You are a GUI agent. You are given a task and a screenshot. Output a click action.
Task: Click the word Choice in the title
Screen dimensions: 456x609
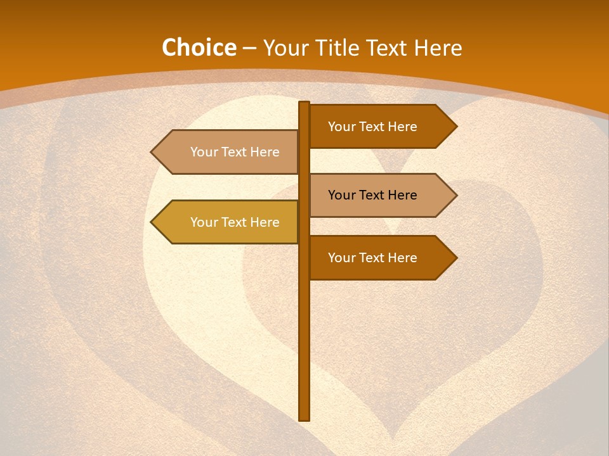199,48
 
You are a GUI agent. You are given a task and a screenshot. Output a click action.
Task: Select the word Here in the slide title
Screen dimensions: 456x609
438,48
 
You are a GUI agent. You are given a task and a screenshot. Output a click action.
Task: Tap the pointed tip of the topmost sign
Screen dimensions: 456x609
456,126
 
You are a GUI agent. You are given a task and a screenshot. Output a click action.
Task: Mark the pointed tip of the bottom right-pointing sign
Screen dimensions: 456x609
456,258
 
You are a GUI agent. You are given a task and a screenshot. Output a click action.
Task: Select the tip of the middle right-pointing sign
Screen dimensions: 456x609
456,195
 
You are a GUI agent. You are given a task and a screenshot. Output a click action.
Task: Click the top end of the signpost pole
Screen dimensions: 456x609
304,103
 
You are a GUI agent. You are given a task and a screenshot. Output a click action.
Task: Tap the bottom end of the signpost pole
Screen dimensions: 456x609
304,419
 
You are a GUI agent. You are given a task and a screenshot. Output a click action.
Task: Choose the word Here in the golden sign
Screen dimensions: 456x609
265,222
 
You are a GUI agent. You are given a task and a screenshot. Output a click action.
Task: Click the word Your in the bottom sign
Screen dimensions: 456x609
341,258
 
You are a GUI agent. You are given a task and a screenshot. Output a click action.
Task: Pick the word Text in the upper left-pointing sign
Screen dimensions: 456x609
234,152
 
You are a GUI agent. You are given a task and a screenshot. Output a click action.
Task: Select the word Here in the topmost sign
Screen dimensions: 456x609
402,127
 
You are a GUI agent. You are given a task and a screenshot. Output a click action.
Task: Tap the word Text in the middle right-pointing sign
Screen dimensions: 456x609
372,195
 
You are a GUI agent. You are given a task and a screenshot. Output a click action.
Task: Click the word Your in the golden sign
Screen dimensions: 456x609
204,222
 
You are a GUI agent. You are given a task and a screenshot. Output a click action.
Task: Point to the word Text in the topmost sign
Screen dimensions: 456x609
372,127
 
